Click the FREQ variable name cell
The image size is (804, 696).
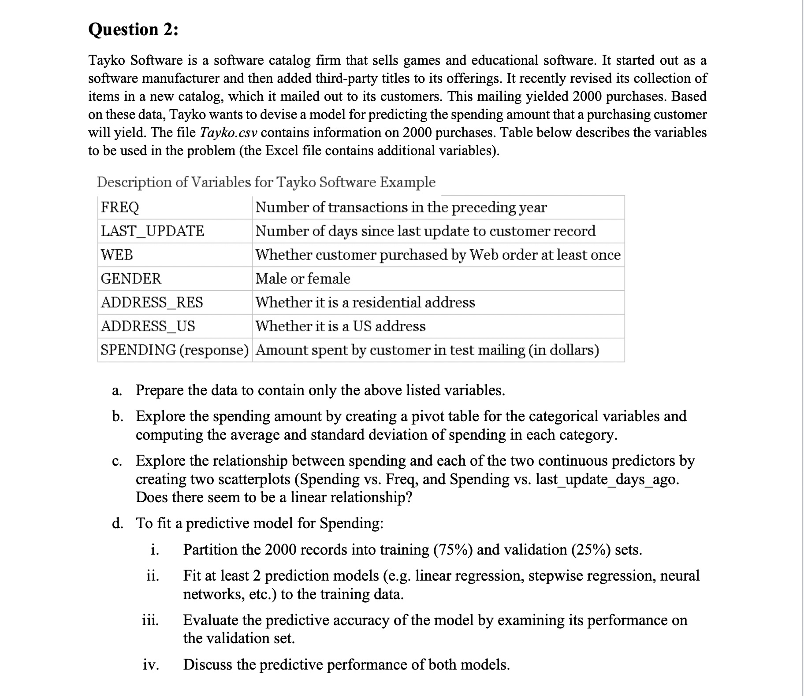pyautogui.click(x=120, y=207)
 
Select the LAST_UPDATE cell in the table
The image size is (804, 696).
pyautogui.click(x=153, y=231)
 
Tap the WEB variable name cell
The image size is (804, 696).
pyautogui.click(x=117, y=255)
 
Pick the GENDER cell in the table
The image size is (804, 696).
pyautogui.click(x=131, y=278)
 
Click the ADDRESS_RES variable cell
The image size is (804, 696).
pyautogui.click(x=152, y=302)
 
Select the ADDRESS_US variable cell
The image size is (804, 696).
pyautogui.click(x=148, y=326)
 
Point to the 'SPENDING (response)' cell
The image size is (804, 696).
pyautogui.click(x=175, y=350)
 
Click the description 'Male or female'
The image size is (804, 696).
pyautogui.click(x=303, y=278)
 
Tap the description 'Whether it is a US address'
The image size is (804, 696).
pyautogui.click(x=340, y=326)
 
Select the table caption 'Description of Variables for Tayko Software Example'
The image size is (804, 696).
pyautogui.click(x=266, y=182)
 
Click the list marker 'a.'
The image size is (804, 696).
pyautogui.click(x=117, y=391)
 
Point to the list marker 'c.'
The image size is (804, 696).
pyautogui.click(x=117, y=461)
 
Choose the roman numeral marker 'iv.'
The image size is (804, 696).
pyautogui.click(x=151, y=665)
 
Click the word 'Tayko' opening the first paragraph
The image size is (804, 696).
pyautogui.click(x=108, y=60)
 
